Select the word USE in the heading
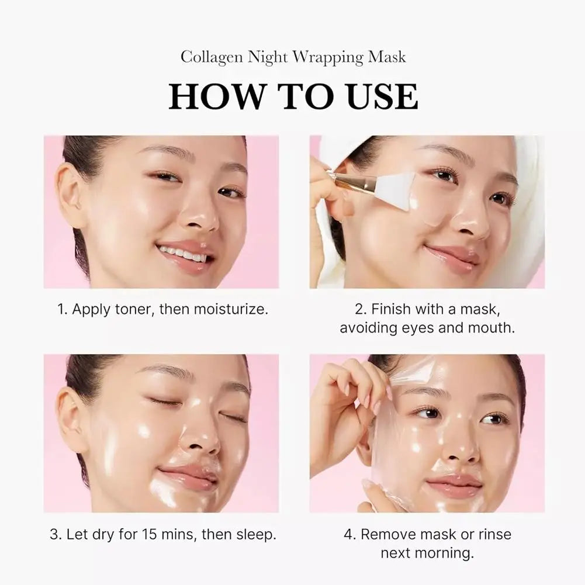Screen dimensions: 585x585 point(382,96)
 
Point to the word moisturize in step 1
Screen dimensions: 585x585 point(229,309)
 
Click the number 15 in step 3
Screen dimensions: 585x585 point(151,534)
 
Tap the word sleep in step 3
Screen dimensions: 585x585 point(255,534)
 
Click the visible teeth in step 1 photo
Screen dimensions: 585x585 point(183,254)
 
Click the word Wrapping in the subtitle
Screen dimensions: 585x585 point(328,57)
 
